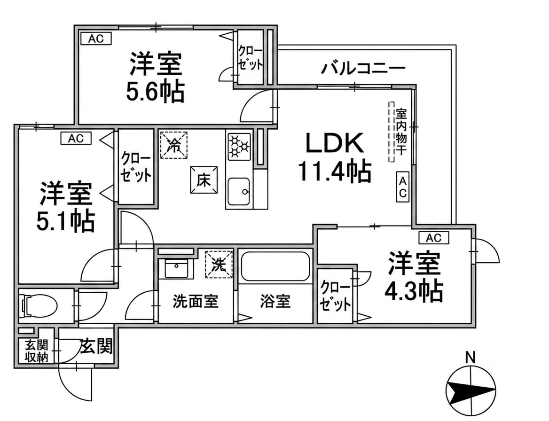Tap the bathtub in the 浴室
tap(275, 266)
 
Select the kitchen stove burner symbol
tap(240, 146)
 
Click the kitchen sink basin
tap(239, 191)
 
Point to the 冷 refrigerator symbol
tap(173, 145)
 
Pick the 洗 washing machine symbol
tap(219, 265)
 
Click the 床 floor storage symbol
tap(204, 180)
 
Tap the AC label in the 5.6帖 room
tap(96, 39)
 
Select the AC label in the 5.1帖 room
tap(76, 138)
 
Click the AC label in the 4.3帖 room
tap(434, 238)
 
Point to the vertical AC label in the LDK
tap(403, 187)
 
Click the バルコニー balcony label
tap(363, 68)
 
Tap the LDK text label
tap(335, 143)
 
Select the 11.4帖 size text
tap(334, 171)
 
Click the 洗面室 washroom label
tap(196, 301)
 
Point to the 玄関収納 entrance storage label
tap(36, 351)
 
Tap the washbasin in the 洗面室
tap(176, 269)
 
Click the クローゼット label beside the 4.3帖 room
tap(335, 296)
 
